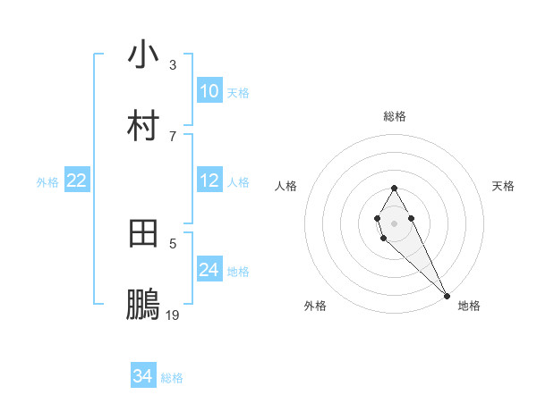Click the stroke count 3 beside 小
click(173, 64)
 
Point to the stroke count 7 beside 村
click(173, 136)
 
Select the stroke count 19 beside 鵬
click(173, 315)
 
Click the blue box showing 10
click(209, 91)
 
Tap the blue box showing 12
click(209, 181)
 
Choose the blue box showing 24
click(209, 270)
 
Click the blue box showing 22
click(76, 181)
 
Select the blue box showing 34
click(142, 376)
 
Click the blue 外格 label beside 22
click(47, 182)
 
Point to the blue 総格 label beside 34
click(172, 378)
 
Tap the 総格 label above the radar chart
click(395, 116)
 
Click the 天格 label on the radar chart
click(504, 186)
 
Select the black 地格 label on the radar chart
click(469, 306)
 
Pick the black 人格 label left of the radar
click(286, 186)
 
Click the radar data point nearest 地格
click(447, 296)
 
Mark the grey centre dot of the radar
click(395, 222)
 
